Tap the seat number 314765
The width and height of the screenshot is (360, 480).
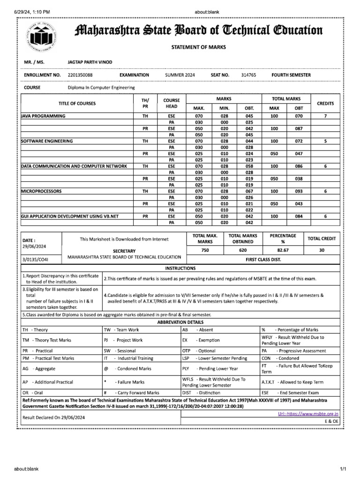pyautogui.click(x=248, y=75)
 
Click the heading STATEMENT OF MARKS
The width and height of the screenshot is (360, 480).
pyautogui.click(x=197, y=47)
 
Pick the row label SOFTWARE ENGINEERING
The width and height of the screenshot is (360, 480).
pyautogui.click(x=47, y=141)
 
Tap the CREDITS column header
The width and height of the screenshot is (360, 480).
pyautogui.click(x=325, y=103)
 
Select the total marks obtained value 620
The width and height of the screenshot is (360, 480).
pyautogui.click(x=242, y=250)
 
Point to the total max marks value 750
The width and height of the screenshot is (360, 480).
pyautogui.click(x=205, y=250)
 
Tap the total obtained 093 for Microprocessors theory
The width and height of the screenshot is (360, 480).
pyautogui.click(x=299, y=192)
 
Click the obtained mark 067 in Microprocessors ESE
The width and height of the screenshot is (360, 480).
pyautogui.click(x=249, y=192)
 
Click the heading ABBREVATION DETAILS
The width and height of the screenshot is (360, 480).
pyautogui.click(x=180, y=322)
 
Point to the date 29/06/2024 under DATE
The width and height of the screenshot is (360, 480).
pyautogui.click(x=34, y=246)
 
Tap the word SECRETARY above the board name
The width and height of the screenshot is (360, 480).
pyautogui.click(x=124, y=251)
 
